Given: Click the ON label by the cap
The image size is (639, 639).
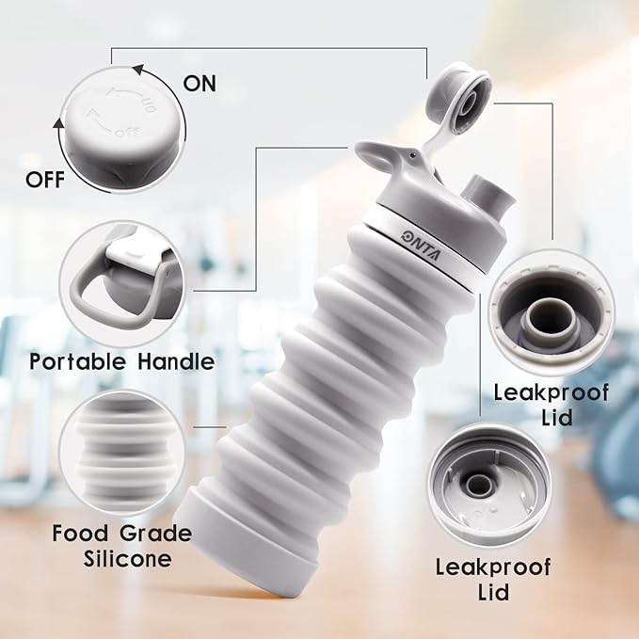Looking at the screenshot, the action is [200, 84].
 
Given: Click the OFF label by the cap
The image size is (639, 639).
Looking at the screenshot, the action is [45, 180].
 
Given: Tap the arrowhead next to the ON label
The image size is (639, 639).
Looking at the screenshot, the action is [139, 70].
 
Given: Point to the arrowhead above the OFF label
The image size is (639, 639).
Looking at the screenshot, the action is [58, 123].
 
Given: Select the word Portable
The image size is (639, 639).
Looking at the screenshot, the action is [77, 361].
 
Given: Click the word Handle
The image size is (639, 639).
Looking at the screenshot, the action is [176, 361].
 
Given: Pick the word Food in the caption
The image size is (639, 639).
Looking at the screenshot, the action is [80, 533].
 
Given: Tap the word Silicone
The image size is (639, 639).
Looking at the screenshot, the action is [128, 558].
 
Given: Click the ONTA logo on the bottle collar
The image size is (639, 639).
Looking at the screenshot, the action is [423, 247].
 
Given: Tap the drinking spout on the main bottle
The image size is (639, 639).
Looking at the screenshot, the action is [488, 195].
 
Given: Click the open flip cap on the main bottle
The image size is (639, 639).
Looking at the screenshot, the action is [460, 102].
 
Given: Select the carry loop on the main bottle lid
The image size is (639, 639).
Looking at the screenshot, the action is [377, 157].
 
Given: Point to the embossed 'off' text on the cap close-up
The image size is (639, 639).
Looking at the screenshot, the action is [127, 131].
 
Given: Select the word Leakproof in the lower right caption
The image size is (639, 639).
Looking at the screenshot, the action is [493, 567].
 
